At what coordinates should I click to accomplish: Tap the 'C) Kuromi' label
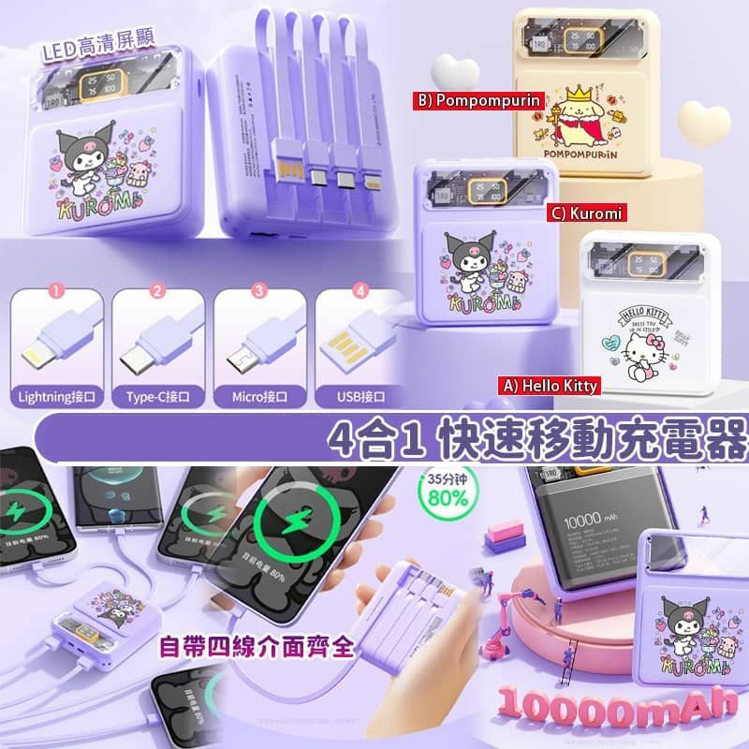[x=585, y=214]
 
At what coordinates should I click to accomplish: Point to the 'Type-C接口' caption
[x=157, y=396]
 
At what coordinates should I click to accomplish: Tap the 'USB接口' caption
[x=360, y=396]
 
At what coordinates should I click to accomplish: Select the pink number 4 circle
[x=361, y=291]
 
